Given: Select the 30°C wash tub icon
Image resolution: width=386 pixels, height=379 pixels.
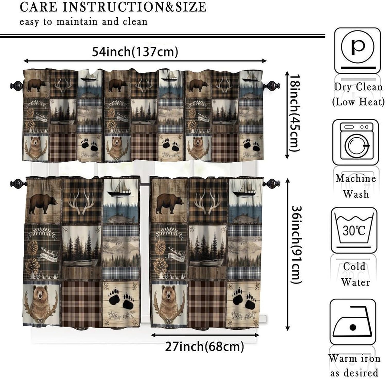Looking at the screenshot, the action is pos(354,230).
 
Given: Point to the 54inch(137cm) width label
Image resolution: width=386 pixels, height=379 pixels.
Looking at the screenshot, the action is pos(135,52).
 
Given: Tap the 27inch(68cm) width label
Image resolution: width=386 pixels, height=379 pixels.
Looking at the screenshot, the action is pos(204,347).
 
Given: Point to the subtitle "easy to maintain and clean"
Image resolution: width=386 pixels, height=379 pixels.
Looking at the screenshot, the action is pos(83,22).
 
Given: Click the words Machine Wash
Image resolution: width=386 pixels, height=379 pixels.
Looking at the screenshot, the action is pos(356,186).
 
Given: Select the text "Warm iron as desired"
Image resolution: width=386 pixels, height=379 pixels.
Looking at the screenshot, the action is pos(354,365).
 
